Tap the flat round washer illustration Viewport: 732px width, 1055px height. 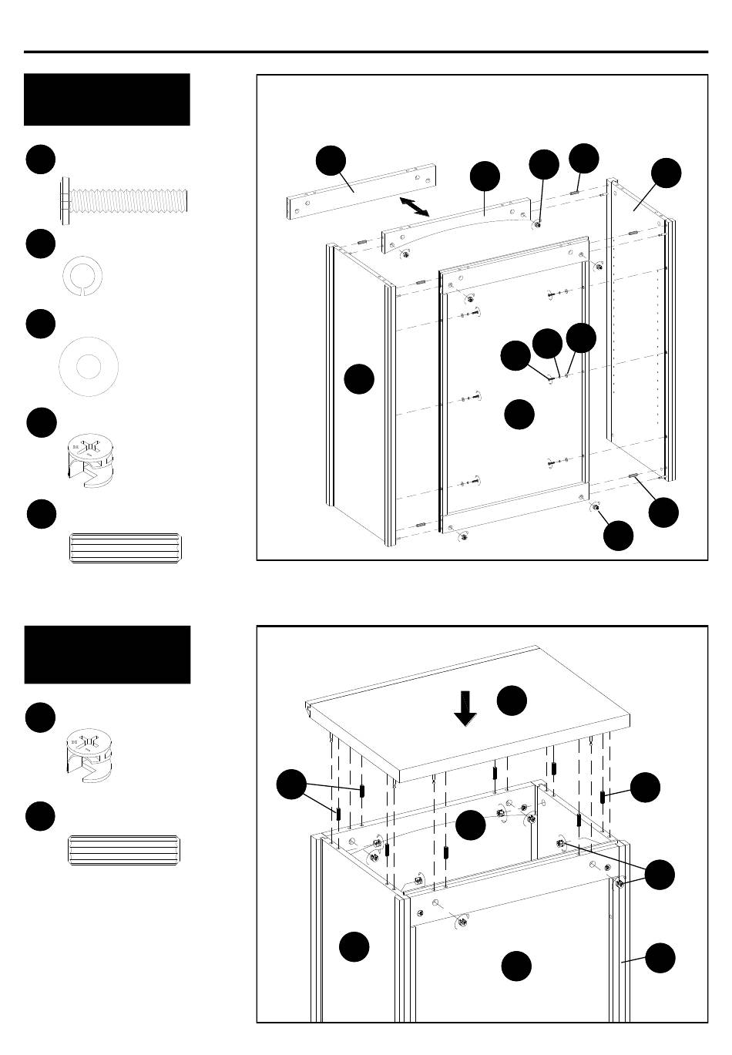(x=89, y=366)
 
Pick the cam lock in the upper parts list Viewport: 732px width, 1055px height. (x=91, y=462)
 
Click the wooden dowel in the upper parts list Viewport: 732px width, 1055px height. (x=124, y=547)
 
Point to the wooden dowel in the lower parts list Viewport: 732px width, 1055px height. (x=124, y=849)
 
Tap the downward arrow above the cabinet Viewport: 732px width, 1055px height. (x=465, y=708)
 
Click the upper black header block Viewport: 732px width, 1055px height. (x=107, y=99)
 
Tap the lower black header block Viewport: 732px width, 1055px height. (x=107, y=654)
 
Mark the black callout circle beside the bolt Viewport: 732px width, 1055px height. (x=40, y=159)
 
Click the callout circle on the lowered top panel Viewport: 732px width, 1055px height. (x=512, y=700)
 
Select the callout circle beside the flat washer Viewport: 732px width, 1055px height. (x=40, y=324)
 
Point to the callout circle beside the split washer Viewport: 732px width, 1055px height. (x=40, y=244)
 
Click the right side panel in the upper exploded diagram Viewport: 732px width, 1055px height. (x=636, y=324)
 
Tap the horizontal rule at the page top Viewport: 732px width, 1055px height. (x=366, y=52)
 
